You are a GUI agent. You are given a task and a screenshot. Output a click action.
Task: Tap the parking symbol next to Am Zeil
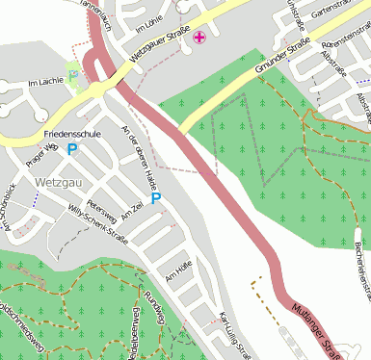[x=155, y=199]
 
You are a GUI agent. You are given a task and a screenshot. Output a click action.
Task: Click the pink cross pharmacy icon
[x=199, y=38]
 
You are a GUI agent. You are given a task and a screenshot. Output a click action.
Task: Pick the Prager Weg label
[x=44, y=151]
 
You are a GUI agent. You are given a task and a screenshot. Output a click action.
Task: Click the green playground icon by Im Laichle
[x=72, y=71]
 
